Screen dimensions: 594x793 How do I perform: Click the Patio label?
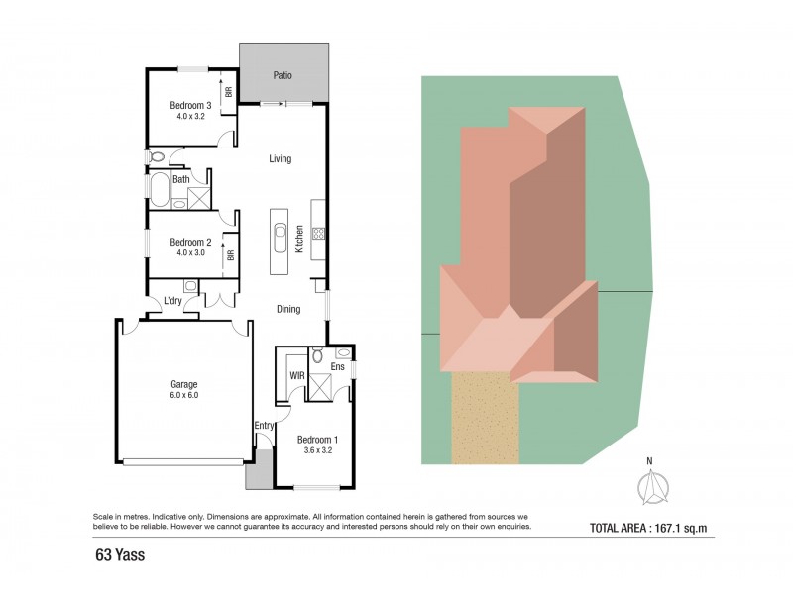283,75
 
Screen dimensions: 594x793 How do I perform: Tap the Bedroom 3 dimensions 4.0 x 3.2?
190,116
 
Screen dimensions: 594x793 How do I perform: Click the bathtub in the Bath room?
159,188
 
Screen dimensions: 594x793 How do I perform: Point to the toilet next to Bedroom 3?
157,156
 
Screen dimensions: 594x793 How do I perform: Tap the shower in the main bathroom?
199,198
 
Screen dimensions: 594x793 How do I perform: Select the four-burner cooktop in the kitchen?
319,235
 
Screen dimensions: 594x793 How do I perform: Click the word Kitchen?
298,238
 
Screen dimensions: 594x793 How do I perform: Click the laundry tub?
190,287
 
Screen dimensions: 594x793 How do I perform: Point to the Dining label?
288,309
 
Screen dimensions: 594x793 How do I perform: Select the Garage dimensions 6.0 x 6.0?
183,395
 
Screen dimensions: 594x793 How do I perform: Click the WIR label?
296,376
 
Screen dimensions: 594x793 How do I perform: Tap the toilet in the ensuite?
317,354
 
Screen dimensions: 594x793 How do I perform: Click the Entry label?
264,426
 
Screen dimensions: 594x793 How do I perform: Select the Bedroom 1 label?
318,440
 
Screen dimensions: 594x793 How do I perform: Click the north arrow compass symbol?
651,487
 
